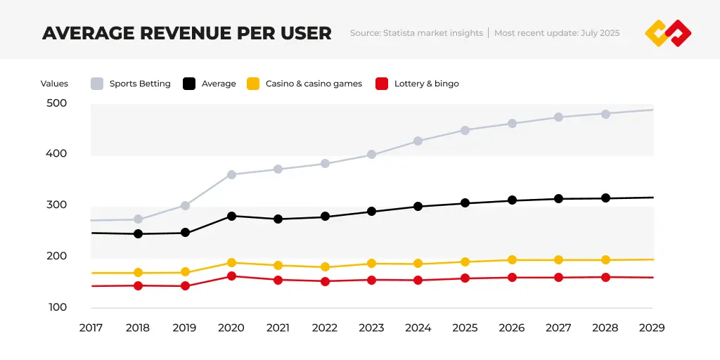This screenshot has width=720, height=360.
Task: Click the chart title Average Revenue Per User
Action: click(186, 33)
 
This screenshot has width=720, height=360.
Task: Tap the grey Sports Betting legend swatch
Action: click(98, 84)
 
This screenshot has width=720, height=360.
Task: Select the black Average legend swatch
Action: click(189, 84)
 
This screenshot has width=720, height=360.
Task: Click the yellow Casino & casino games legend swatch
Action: click(253, 84)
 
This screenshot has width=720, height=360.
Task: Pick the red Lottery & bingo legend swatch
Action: click(382, 84)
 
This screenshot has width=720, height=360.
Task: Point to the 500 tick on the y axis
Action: click(56, 103)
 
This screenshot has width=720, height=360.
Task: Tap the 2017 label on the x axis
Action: click(91, 328)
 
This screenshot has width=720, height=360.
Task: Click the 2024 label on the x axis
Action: click(418, 328)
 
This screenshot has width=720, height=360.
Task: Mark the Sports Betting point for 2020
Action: click(231, 174)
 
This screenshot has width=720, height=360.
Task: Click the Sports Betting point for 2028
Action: click(605, 113)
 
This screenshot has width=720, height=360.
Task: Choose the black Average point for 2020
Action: click(231, 216)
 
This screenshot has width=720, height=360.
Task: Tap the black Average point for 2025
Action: click(465, 203)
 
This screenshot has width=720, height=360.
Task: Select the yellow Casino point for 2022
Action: click(325, 267)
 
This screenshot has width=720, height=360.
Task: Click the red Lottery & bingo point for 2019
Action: click(185, 286)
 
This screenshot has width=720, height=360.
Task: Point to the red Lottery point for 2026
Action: click(512, 278)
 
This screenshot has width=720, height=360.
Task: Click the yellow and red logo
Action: click(668, 33)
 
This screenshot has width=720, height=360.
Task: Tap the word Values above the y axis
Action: click(54, 84)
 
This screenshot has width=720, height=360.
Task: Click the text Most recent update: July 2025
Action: click(557, 33)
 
